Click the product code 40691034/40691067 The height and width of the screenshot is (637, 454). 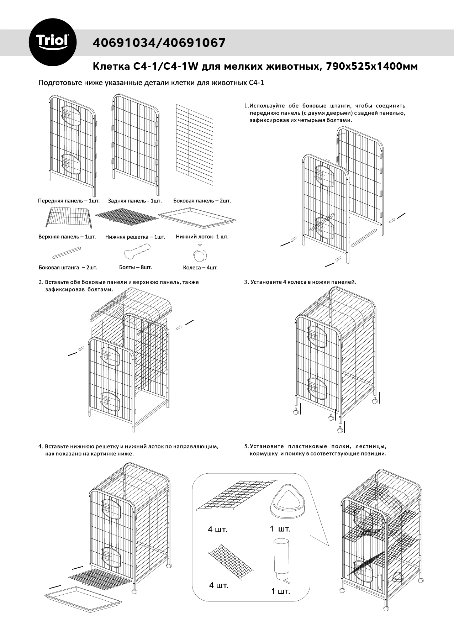pos(159,43)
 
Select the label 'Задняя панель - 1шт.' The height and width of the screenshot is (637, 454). pos(135,201)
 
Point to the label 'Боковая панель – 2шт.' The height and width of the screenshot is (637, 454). pos(202,201)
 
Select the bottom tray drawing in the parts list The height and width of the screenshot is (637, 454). pos(197,217)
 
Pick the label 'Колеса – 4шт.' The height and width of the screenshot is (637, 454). pos(200,267)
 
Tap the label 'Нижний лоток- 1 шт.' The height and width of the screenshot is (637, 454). pos(202,236)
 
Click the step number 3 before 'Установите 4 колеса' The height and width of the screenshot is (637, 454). pos(246,282)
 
